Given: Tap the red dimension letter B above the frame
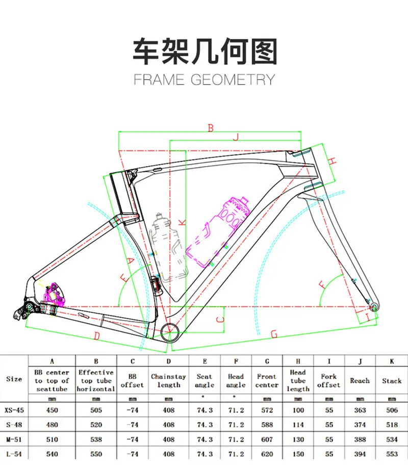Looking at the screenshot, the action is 210,128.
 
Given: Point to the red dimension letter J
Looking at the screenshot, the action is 236,137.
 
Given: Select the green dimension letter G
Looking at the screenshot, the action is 274,334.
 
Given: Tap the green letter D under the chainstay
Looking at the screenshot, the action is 97,335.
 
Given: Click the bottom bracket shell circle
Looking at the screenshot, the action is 169,332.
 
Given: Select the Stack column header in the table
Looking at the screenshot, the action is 392,381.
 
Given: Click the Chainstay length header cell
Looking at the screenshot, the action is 168,381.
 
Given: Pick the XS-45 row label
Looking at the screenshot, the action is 14,410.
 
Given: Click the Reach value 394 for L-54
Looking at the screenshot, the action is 360,454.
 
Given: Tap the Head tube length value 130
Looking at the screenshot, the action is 298,439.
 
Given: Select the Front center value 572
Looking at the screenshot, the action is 267,410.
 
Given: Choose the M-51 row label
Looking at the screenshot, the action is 14,439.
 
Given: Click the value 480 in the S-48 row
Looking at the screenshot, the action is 51,424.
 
